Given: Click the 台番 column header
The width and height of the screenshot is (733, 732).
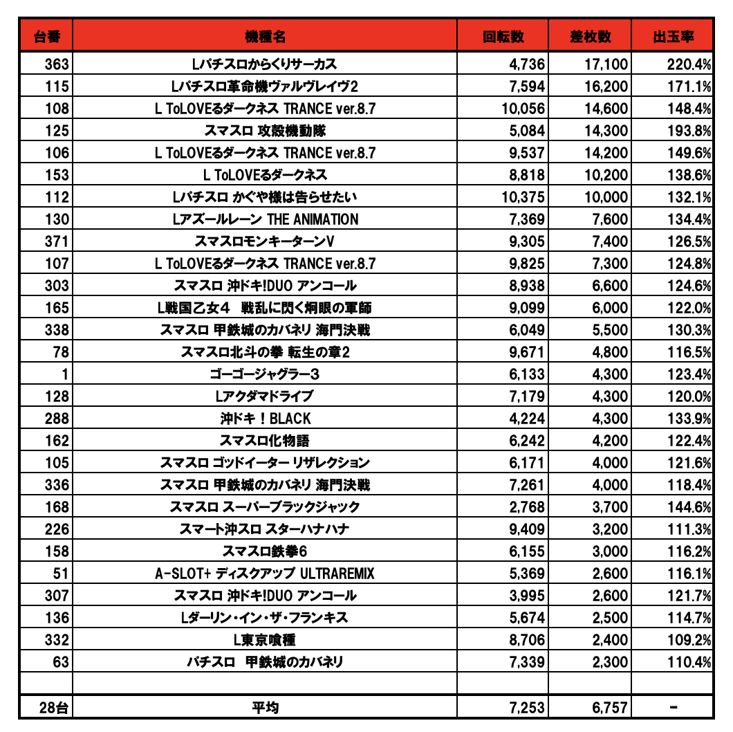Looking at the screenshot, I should [46, 37].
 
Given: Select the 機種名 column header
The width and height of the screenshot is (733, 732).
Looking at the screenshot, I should [265, 37].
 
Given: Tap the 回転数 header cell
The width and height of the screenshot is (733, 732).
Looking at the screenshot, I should [503, 37].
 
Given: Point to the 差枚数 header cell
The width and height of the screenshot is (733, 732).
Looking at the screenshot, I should [590, 37].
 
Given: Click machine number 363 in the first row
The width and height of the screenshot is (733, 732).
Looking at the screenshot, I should [57, 64].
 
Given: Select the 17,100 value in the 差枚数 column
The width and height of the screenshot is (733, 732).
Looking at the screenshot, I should [606, 64].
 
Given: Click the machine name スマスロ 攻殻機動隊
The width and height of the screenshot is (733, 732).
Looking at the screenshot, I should [265, 131].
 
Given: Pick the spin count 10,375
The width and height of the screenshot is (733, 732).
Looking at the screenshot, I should [523, 197].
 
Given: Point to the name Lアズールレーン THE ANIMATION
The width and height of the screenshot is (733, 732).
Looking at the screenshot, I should [265, 219].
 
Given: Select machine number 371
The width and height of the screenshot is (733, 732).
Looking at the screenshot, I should [57, 241].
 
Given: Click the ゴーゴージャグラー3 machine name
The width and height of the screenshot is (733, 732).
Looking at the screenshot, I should [265, 374].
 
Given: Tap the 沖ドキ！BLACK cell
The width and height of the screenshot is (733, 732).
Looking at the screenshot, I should [265, 419].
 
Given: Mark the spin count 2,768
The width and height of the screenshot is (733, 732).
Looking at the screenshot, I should [527, 507].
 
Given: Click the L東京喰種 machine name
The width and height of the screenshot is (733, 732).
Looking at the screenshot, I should [265, 640].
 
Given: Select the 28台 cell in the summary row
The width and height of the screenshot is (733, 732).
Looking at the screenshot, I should [54, 707].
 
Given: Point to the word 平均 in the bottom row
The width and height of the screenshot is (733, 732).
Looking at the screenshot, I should [265, 707].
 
